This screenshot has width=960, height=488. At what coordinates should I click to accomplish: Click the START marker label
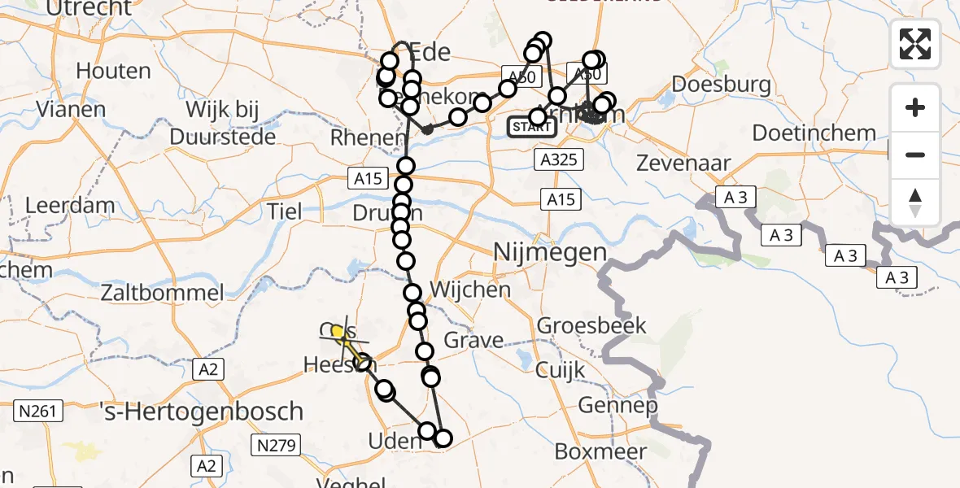coord(531,127)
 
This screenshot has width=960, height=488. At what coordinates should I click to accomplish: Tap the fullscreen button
coord(915,44)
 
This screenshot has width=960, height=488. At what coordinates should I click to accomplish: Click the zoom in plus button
coord(915,107)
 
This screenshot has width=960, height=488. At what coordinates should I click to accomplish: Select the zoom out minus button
coord(915,155)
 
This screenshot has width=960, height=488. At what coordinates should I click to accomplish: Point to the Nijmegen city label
coord(551,253)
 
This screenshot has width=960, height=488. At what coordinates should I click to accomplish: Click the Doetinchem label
coord(814,133)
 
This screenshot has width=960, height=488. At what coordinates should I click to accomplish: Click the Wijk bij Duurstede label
coord(215,122)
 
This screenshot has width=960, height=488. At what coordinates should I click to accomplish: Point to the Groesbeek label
coord(592,327)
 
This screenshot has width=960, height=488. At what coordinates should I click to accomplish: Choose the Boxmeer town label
coord(600,451)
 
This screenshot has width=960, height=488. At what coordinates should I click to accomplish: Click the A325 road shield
coord(561,159)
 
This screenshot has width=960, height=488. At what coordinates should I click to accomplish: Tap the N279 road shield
coord(277,445)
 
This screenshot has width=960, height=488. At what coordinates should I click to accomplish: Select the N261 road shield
coord(38,412)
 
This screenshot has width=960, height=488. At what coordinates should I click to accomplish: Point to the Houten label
coord(113,71)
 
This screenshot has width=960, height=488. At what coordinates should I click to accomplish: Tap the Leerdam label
coord(70,205)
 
